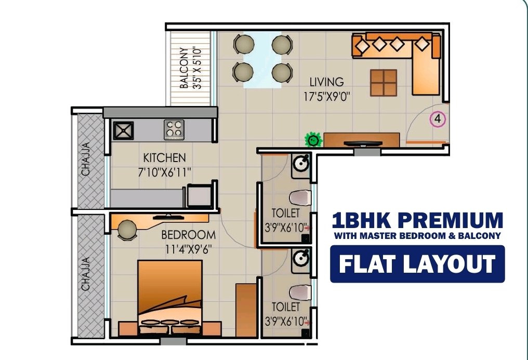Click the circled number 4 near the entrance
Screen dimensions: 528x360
[438, 119]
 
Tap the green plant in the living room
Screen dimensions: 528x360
[313, 139]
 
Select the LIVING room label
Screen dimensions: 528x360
[327, 82]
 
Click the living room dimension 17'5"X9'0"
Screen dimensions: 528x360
[327, 97]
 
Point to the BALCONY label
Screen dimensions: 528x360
[184, 68]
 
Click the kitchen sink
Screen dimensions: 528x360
[123, 130]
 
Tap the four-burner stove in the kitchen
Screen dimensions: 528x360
[174, 129]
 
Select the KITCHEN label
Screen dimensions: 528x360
[164, 157]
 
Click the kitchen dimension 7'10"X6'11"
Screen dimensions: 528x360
[164, 172]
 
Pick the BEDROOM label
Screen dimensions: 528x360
[188, 234]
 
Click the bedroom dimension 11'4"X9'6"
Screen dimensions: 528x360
[188, 249]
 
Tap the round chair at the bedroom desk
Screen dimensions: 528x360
[127, 230]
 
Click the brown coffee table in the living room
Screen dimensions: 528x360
[384, 83]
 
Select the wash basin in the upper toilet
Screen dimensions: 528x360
[300, 164]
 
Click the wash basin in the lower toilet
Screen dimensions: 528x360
[300, 258]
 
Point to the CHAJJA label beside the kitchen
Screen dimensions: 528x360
[86, 159]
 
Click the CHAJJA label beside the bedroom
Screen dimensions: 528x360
[86, 274]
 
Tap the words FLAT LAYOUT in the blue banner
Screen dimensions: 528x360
[417, 264]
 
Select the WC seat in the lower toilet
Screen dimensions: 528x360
[300, 292]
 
